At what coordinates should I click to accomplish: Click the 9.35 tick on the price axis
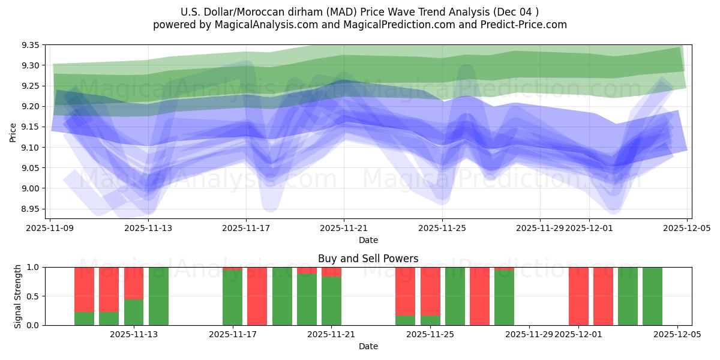(31, 46)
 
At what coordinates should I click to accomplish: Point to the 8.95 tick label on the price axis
(31, 209)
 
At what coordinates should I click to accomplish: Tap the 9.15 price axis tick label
(31, 127)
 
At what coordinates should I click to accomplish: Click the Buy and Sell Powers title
(368, 259)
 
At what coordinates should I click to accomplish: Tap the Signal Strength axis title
(18, 296)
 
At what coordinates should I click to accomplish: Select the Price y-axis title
(13, 132)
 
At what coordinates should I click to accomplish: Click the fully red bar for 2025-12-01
(578, 296)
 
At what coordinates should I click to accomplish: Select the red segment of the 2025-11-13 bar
(134, 283)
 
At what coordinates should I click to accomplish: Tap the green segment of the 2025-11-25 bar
(430, 320)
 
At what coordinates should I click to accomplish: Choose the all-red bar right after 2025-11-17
(257, 296)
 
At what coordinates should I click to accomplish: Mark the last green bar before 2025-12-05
(652, 296)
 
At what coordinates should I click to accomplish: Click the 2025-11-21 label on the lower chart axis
(331, 335)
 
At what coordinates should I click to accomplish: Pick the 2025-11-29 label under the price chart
(540, 228)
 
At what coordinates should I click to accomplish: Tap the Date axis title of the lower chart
(368, 346)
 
